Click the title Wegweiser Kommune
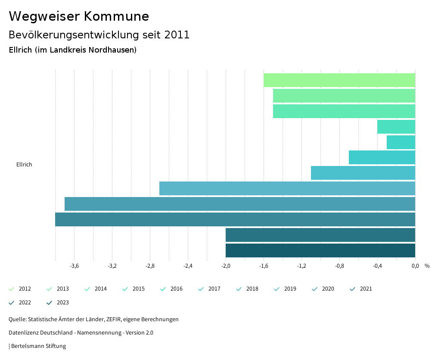[79, 16]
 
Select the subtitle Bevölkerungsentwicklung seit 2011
[99, 35]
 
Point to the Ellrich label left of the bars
[24, 164]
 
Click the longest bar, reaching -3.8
[235, 219]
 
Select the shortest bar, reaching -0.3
[401, 142]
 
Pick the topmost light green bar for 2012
[339, 80]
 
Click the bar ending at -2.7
[287, 188]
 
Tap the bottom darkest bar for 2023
[320, 250]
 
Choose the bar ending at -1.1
[363, 173]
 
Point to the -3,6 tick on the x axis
[74, 266]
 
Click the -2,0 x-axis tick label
[226, 266]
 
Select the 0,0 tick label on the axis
[415, 266]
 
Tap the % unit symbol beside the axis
[427, 266]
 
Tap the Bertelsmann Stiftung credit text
[38, 346]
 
